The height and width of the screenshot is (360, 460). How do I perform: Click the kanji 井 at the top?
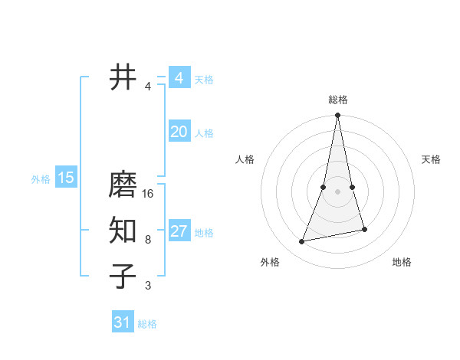tap(123, 77)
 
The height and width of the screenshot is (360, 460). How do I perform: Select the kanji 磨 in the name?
tap(123, 186)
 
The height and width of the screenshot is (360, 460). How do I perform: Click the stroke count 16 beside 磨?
tap(148, 194)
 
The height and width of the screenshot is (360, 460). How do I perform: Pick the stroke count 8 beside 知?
tap(148, 240)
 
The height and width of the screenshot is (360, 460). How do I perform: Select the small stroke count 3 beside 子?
tap(148, 286)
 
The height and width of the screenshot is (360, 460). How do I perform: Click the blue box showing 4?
tap(179, 78)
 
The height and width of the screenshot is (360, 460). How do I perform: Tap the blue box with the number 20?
tap(179, 132)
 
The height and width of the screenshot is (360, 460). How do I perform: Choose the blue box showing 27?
tap(179, 231)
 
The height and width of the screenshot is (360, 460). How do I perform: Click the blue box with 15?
tap(66, 178)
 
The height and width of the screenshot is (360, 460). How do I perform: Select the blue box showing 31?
tap(123, 322)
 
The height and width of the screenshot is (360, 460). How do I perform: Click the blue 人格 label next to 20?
tap(204, 133)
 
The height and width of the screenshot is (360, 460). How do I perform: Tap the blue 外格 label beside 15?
tap(41, 179)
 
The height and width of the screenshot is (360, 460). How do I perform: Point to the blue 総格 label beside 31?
tap(147, 324)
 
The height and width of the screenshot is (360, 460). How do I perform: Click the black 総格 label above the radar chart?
tap(337, 100)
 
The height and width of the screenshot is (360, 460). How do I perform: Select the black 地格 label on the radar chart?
tap(402, 262)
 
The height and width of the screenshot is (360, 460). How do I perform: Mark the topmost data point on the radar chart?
tap(337, 116)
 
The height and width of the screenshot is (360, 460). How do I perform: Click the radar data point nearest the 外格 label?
tap(302, 242)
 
